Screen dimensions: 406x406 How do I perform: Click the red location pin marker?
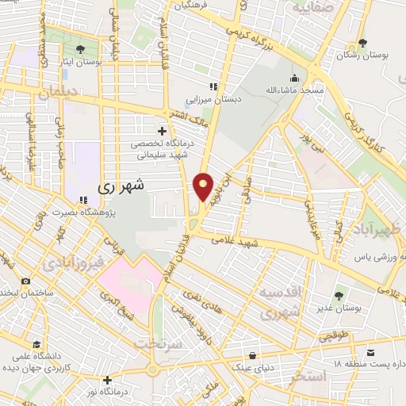coord(204,186)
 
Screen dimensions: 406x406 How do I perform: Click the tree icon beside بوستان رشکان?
coord(362,44)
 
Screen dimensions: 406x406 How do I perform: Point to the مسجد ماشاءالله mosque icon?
coord(295,78)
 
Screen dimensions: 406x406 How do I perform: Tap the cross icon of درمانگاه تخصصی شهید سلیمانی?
coord(163,130)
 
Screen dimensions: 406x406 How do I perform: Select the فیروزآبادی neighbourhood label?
coord(72,262)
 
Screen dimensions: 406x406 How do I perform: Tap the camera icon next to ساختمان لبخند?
coord(25,282)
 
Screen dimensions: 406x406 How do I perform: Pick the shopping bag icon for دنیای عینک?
coord(252,354)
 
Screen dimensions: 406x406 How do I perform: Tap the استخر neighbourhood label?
coord(308,377)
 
